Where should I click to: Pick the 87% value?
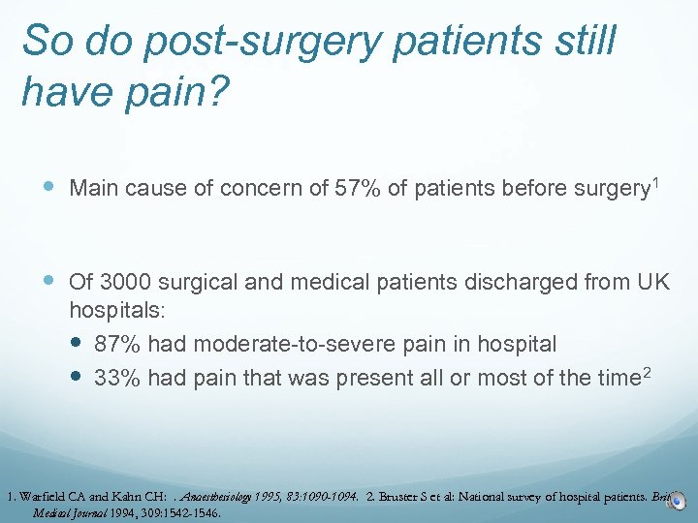pyautogui.click(x=115, y=344)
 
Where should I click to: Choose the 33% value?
pyautogui.click(x=115, y=378)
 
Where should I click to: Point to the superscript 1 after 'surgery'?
pyautogui.click(x=655, y=182)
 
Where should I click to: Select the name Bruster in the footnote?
pyautogui.click(x=400, y=497)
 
